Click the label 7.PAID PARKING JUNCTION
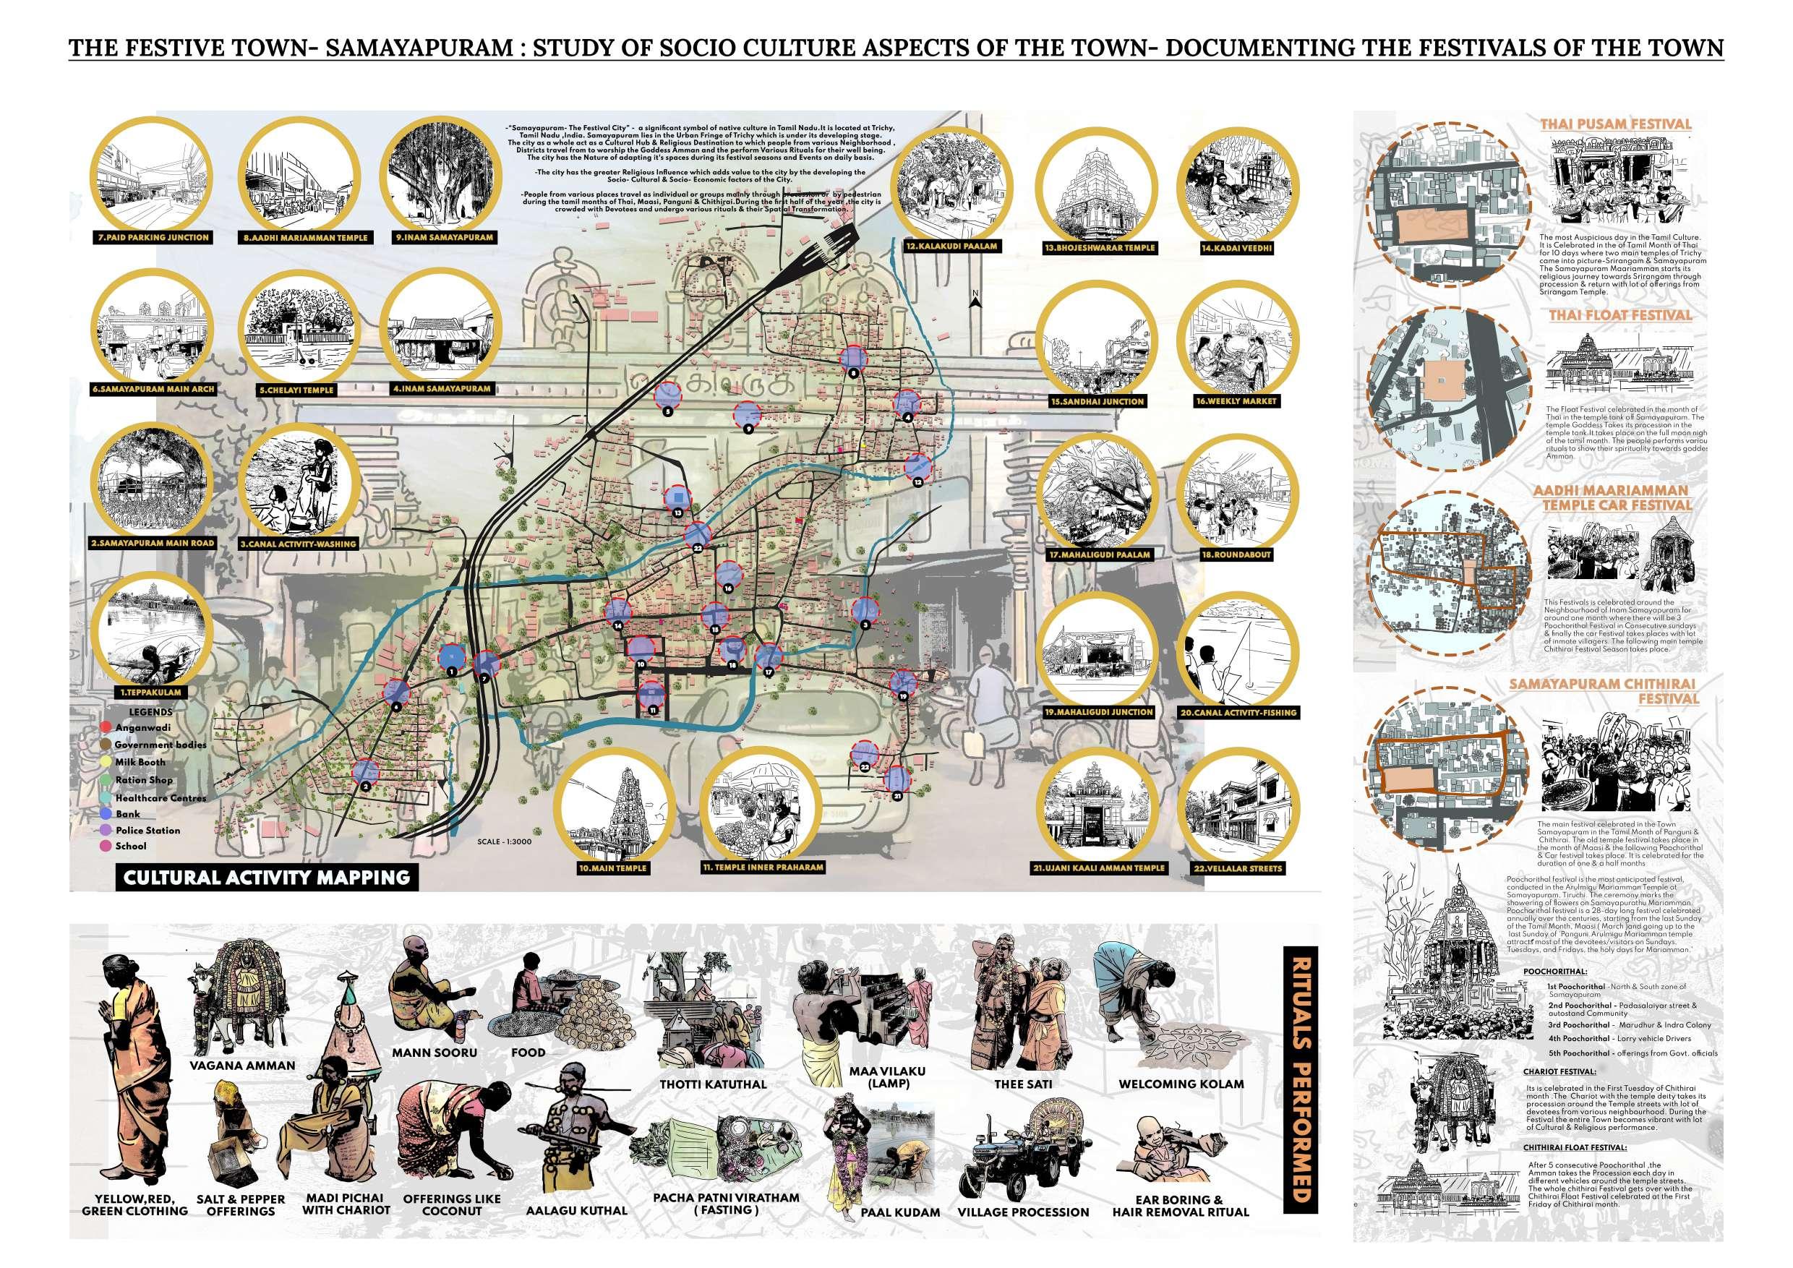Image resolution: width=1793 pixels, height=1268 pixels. click(x=154, y=237)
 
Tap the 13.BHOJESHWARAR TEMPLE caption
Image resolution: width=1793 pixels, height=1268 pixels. click(x=1099, y=247)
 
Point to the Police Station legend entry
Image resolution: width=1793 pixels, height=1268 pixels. click(x=147, y=830)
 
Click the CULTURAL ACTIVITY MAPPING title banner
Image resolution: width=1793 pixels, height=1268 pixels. click(x=265, y=876)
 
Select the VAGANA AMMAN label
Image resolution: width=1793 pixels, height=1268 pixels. click(x=244, y=1065)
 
